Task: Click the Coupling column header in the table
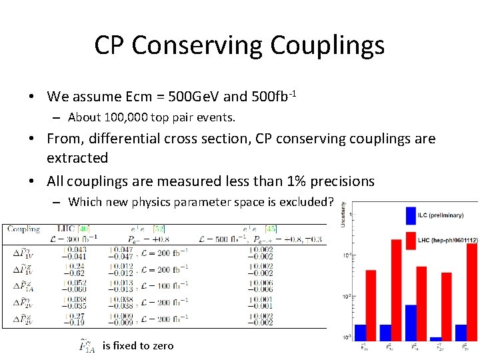23,229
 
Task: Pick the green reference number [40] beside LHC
84,229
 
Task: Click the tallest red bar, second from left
396,290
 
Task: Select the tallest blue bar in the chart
411,323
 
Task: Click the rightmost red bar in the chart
472,292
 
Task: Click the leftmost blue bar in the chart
360,332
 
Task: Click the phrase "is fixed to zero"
138,345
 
